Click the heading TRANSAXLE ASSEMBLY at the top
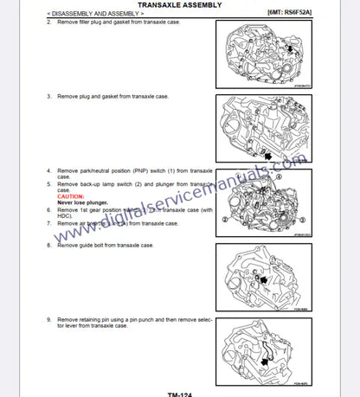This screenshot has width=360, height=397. click(x=179, y=4)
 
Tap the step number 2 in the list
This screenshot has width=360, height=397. click(x=48, y=22)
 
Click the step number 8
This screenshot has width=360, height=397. click(x=48, y=246)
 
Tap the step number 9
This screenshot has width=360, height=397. click(x=48, y=319)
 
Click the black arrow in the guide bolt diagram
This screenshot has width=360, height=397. click(x=260, y=279)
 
